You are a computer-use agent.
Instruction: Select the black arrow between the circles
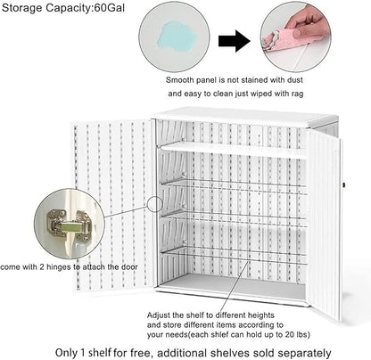pos(235,39)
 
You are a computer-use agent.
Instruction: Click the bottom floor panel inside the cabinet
pos(234,283)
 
